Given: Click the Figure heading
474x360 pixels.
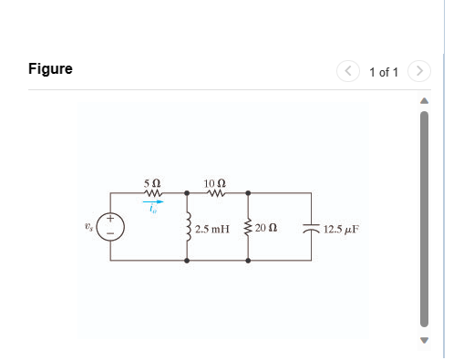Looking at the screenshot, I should (x=50, y=69).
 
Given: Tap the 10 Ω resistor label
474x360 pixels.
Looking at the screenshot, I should (x=217, y=183).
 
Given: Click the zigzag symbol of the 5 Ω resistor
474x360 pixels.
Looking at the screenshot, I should (x=153, y=193).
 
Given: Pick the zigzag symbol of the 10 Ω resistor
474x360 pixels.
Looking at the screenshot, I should (x=217, y=193).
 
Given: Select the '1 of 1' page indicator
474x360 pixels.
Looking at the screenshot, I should (x=384, y=71).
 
